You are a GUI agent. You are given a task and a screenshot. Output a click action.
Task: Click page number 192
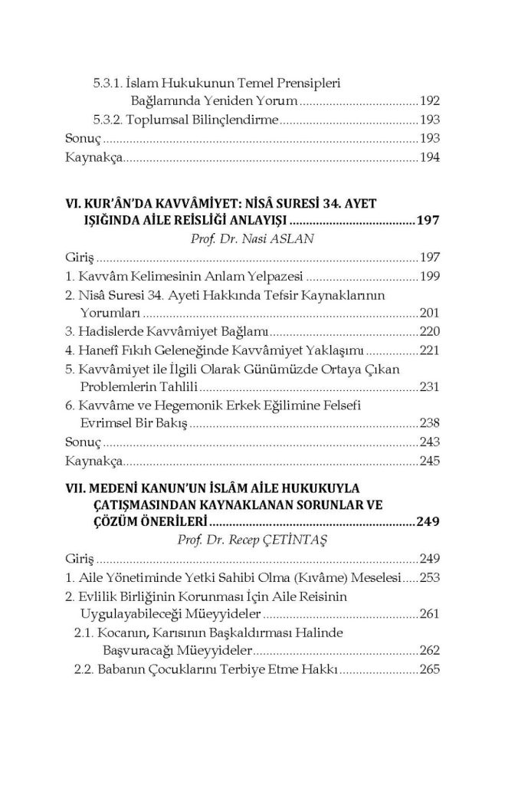(430, 100)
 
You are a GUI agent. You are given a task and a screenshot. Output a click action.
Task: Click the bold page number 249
(427, 521)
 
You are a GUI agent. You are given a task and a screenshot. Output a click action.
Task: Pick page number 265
(430, 668)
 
